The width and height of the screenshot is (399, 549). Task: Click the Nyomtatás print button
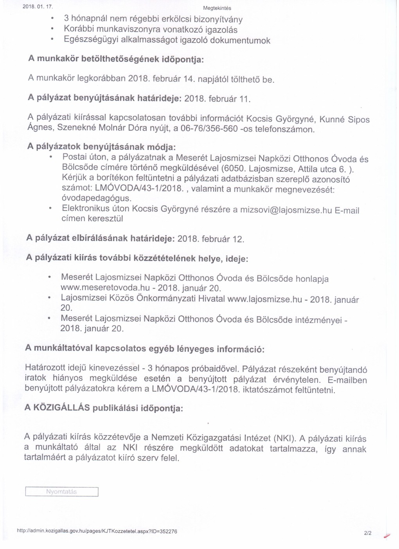click(x=61, y=492)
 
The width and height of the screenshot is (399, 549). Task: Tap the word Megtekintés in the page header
click(x=217, y=8)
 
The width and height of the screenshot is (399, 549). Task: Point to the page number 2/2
click(x=367, y=533)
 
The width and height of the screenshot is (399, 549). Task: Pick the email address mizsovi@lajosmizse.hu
click(x=286, y=210)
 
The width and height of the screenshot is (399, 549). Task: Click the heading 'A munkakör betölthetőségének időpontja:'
click(x=116, y=59)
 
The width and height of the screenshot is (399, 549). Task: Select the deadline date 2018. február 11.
click(x=217, y=99)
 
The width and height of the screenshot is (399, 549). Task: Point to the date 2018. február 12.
click(x=210, y=239)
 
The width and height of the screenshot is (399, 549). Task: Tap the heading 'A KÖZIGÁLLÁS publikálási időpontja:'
click(x=103, y=408)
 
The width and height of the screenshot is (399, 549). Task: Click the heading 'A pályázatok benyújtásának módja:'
click(x=101, y=147)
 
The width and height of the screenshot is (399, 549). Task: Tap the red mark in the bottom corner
click(x=387, y=536)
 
